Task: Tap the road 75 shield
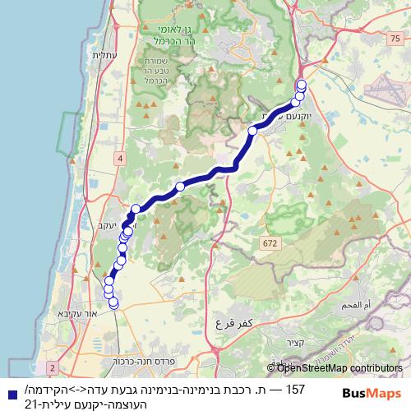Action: [x=396, y=38]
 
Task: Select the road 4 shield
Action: [x=120, y=158]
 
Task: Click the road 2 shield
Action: [x=53, y=367]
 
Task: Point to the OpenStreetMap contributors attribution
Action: [x=334, y=368]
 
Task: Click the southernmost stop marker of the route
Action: [x=113, y=304]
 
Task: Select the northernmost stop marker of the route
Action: [x=301, y=85]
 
